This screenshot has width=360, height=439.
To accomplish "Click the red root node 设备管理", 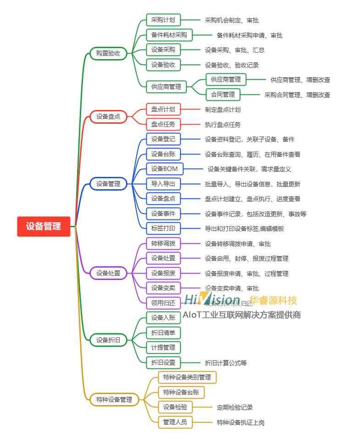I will point(44,226).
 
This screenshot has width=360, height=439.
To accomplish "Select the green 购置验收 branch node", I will point(108,54).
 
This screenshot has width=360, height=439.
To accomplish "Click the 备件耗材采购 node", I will point(169,35).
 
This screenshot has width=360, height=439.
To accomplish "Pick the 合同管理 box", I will point(223,94).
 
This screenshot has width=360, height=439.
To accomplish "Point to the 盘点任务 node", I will point(163,124).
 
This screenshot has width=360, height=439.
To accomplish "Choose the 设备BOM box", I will point(165,169).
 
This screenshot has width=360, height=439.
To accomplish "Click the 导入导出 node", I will point(163,184).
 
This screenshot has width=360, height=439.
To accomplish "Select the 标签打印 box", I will point(163,228).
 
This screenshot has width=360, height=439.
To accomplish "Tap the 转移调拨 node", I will point(163,243).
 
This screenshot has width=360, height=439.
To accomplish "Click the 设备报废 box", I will point(163,273).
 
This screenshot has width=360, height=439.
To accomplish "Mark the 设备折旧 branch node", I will point(108,340).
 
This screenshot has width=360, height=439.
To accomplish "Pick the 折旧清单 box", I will point(163,332).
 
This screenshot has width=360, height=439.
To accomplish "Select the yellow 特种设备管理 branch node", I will point(114,400).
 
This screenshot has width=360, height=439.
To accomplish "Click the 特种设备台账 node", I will point(181,392).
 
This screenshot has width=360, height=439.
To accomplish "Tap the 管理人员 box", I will point(175,422).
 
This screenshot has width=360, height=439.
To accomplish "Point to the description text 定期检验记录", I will point(235,407).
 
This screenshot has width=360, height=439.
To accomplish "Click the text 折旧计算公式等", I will point(226,363).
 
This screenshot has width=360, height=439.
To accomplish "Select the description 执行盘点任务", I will point(223,125).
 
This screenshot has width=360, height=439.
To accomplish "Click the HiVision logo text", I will point(212,300).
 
